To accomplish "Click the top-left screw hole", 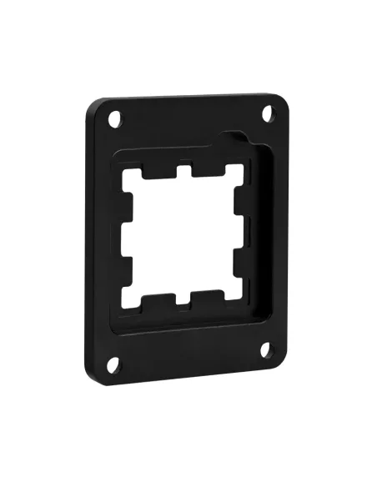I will [x=116, y=121].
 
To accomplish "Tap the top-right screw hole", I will [x=268, y=113].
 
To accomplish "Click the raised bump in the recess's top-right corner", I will [x=239, y=138].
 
